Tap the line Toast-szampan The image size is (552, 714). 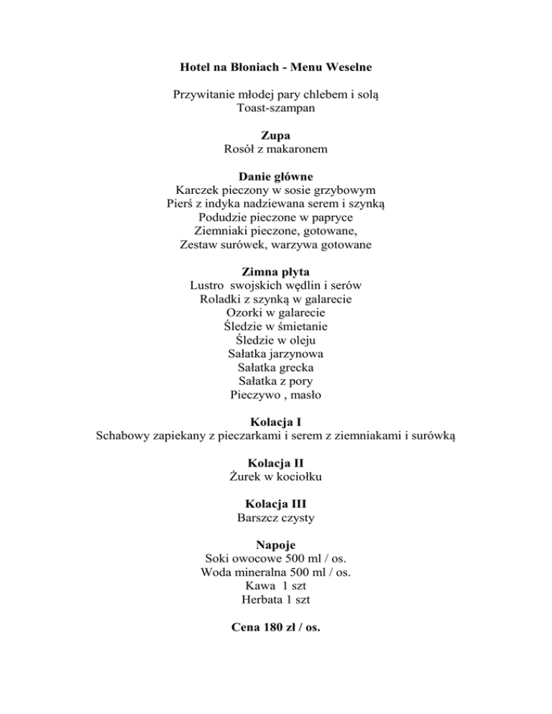(276, 108)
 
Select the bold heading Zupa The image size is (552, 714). (276, 134)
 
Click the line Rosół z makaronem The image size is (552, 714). (276, 149)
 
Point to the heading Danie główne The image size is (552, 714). (276, 175)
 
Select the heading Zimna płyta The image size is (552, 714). (276, 272)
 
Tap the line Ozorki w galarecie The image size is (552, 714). (276, 312)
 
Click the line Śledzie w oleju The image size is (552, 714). (276, 340)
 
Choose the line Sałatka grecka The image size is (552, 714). (276, 367)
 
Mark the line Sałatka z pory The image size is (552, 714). (276, 381)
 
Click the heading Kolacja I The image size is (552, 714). (276, 422)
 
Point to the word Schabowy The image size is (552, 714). (124, 435)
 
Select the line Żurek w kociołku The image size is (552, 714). (276, 476)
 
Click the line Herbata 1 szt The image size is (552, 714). (276, 599)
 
